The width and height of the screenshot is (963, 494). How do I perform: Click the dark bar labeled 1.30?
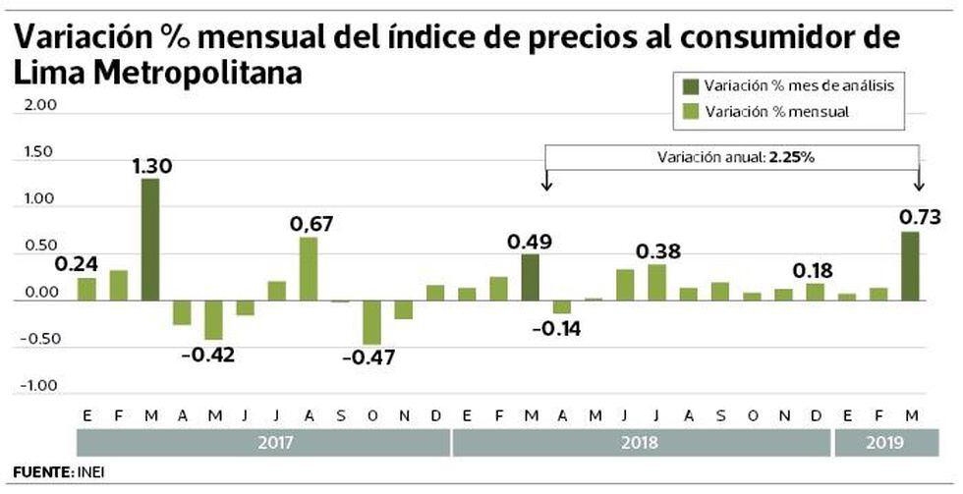(149, 240)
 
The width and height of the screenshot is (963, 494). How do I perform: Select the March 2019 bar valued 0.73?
(910, 265)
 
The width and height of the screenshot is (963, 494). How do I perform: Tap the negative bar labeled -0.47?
(371, 322)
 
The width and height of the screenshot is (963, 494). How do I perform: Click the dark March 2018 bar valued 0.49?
(531, 277)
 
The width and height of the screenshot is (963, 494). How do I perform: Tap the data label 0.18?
(816, 270)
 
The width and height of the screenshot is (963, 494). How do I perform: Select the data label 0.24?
(75, 264)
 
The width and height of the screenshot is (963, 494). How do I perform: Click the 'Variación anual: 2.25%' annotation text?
(732, 157)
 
